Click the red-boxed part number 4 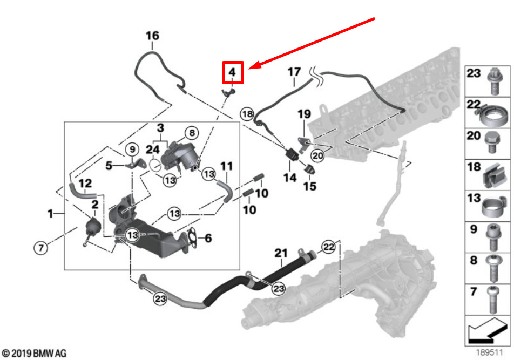coord(232,72)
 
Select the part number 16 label coord(152,36)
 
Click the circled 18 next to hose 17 coord(247,114)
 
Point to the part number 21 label coord(281,253)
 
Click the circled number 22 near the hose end coord(329,247)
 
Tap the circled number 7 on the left coord(40,248)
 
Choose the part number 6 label coord(208,238)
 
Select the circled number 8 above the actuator coord(192,133)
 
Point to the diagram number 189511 coord(489,352)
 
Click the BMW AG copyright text coord(34,353)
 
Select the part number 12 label coord(85,183)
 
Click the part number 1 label coord(50,214)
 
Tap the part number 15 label coord(310,186)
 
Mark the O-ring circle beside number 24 coord(155,166)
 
